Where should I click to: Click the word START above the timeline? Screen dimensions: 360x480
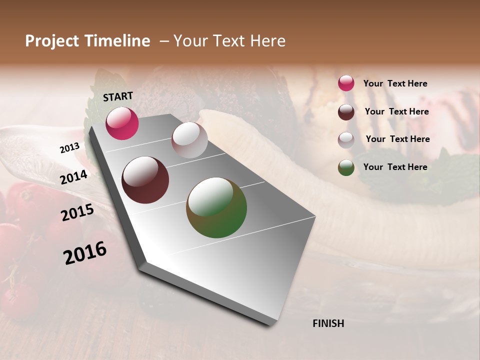coord(118,96)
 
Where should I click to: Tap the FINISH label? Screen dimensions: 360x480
coord(328,323)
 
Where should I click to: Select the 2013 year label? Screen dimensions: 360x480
coord(70,148)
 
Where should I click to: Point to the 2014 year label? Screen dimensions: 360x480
coord(74,177)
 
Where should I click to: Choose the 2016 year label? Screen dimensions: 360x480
coord(85,253)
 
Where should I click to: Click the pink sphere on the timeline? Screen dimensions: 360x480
coord(122,123)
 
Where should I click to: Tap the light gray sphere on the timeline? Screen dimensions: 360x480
coord(189,140)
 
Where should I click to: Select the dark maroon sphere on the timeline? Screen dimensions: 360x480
coord(145,180)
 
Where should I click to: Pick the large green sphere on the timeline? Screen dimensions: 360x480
coord(216,207)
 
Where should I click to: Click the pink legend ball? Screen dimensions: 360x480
coord(346,83)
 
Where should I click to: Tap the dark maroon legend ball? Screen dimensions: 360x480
coord(346,112)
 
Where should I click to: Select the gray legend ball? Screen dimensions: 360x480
coord(346,140)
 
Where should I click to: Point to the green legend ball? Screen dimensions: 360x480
coord(346,168)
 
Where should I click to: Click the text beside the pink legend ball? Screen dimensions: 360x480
coord(395,84)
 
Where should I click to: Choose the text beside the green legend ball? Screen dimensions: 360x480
coord(395,167)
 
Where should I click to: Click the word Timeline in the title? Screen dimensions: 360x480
coord(117,41)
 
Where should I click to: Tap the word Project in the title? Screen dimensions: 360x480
coord(52,41)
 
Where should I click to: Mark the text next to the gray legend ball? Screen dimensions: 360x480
coord(397,139)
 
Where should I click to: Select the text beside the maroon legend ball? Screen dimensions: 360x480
coord(396,111)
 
